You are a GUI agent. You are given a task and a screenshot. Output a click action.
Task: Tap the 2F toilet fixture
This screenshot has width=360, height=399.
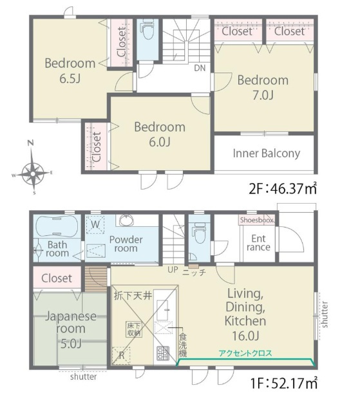(x=147, y=30)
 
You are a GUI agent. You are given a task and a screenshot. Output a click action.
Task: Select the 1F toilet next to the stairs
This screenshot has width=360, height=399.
(x=199, y=233)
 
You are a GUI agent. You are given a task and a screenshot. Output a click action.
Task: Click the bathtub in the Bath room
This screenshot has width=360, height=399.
(x=57, y=226)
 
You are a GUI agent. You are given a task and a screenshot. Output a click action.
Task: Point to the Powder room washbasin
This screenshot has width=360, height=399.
(x=126, y=220)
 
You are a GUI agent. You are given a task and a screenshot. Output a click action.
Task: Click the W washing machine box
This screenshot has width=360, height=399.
(x=95, y=225)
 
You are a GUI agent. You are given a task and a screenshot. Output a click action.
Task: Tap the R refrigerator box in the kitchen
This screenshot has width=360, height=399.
(x=121, y=355)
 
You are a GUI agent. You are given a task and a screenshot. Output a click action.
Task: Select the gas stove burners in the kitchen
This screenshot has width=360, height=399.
(x=163, y=353)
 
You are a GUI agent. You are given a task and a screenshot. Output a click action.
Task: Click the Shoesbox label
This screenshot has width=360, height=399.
(x=256, y=220)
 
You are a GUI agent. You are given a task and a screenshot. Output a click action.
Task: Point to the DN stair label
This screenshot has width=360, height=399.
(x=200, y=68)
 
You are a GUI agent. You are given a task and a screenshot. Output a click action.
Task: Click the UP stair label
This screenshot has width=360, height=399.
(x=173, y=269)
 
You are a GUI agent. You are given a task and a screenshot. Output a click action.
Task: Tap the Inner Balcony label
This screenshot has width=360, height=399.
(x=267, y=153)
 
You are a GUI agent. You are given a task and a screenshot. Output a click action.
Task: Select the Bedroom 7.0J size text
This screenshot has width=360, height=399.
(x=263, y=95)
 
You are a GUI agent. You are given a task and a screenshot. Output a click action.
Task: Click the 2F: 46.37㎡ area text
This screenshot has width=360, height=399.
(x=283, y=189)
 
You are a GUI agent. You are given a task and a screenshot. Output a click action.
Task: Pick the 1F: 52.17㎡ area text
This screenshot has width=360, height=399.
(x=284, y=384)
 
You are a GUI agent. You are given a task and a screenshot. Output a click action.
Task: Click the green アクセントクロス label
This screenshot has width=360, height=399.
(x=245, y=353)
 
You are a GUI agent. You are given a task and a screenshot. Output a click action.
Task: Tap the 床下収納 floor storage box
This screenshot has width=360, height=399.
(x=134, y=329)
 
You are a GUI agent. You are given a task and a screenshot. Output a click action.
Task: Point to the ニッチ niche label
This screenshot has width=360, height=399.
(x=194, y=273)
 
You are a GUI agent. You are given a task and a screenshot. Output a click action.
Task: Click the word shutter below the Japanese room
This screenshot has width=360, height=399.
(x=83, y=376)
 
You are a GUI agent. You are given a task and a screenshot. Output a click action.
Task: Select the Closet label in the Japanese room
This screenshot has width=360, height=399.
(x=57, y=278)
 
